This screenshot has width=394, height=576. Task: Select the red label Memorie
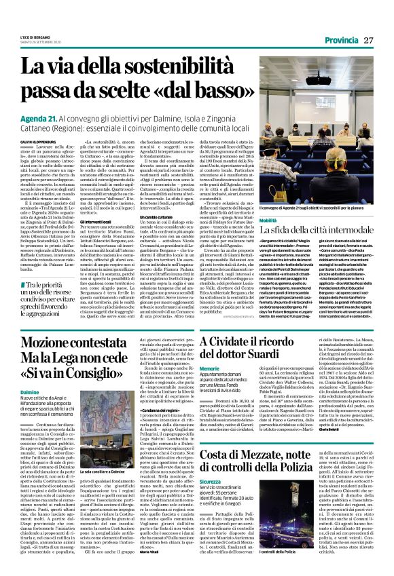click(209, 387)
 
